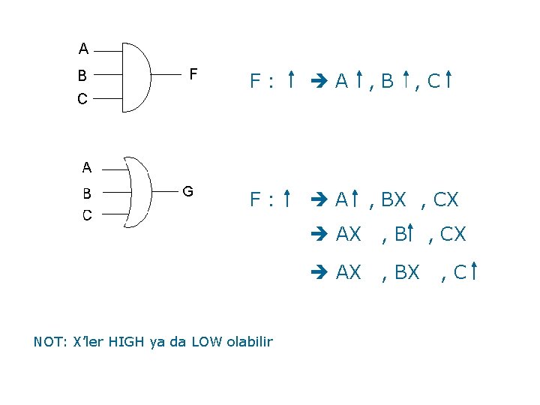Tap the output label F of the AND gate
[193, 73]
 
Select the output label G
[187, 190]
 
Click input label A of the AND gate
[83, 49]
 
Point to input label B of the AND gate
[82, 76]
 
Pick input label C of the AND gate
[82, 99]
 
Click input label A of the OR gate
[86, 166]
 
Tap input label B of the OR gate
[86, 193]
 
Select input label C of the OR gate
[86, 216]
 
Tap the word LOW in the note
[206, 342]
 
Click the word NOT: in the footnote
[50, 342]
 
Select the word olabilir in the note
[249, 342]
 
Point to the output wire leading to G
[169, 192]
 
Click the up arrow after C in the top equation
[448, 79]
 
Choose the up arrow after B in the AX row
[412, 234]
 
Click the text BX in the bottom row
[406, 272]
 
